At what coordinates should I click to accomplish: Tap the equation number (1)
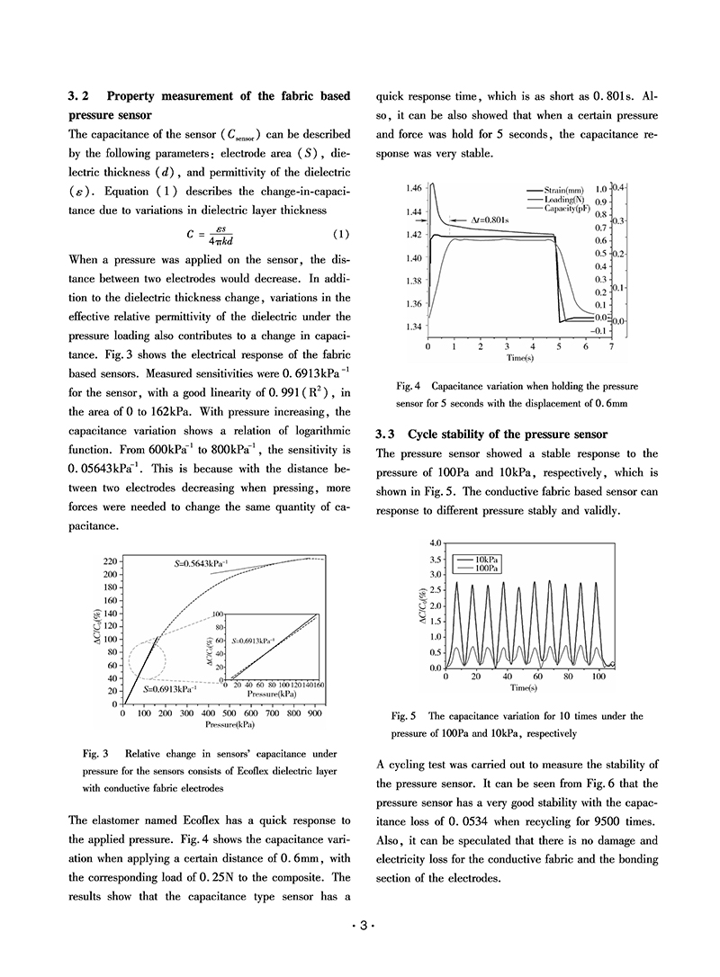point(341,235)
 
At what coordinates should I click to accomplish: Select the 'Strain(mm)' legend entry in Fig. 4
point(563,190)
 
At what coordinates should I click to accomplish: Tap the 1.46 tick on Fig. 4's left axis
point(414,188)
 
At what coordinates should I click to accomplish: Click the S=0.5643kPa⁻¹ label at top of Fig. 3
point(202,563)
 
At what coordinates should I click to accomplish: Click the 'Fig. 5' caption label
point(404,717)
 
